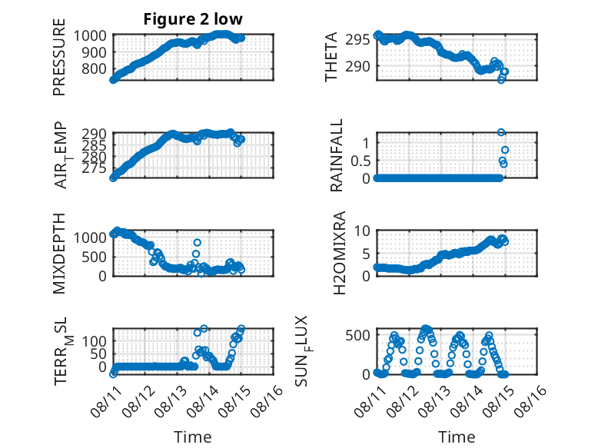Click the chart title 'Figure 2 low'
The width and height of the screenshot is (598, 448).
click(x=193, y=19)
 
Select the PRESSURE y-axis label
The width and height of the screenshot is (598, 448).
click(x=59, y=57)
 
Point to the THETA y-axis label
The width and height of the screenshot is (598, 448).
click(x=331, y=57)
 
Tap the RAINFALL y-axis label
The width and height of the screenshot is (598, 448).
click(x=337, y=155)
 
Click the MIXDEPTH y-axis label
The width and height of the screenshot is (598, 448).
click(x=59, y=254)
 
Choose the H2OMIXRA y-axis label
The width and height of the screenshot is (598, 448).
click(x=339, y=253)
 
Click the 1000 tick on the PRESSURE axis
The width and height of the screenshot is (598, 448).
click(x=90, y=36)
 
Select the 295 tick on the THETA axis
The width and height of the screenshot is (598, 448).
click(x=357, y=39)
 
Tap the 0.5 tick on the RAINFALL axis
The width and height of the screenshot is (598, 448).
click(x=360, y=161)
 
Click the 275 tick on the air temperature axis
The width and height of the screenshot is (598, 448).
click(x=94, y=168)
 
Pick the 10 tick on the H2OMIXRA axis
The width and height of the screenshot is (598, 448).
click(x=362, y=231)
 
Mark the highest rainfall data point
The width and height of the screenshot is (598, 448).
click(x=501, y=132)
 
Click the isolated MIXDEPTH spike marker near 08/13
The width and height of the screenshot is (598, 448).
click(x=198, y=243)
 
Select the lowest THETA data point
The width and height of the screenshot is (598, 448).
click(x=501, y=80)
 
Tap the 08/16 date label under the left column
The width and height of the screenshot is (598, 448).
click(x=267, y=401)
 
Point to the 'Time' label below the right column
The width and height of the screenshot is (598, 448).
click(x=457, y=436)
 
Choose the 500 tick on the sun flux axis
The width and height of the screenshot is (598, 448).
click(x=357, y=336)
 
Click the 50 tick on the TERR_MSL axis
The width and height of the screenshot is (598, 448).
click(x=98, y=353)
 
